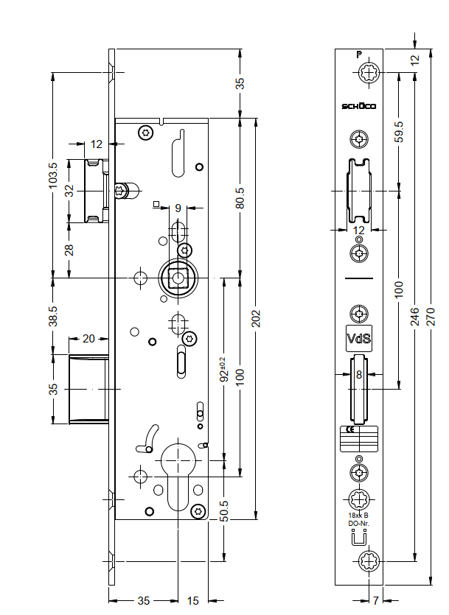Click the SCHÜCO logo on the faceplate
click(359, 107)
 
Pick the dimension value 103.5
click(52, 175)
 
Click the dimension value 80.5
click(240, 198)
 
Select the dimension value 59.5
click(399, 130)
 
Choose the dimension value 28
click(69, 250)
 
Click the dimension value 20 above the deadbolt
click(88, 340)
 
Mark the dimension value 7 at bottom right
click(375, 600)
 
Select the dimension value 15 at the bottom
click(192, 601)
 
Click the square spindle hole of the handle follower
click(177, 278)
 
